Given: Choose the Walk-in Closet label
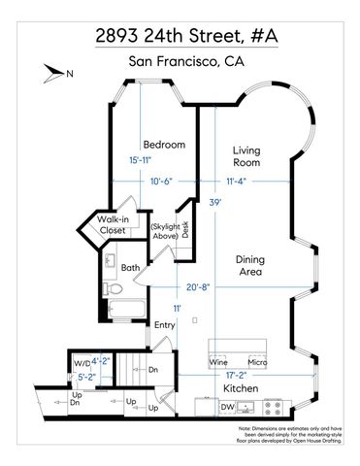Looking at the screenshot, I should (114, 226).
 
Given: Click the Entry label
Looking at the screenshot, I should (165, 325).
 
